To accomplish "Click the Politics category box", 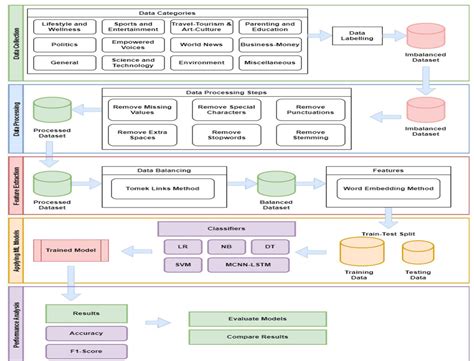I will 66,45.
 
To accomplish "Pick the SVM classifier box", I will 185,263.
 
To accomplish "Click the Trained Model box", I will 72,246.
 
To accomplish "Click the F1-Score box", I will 72,352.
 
